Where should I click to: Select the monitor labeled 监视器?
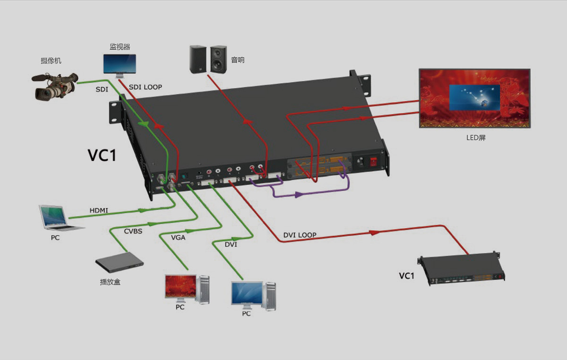tap(120, 65)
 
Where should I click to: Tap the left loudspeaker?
tap(198, 59)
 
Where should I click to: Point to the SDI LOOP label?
tap(146, 87)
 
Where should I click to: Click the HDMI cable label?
tap(99, 210)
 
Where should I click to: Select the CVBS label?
tap(133, 231)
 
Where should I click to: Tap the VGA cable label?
tap(178, 238)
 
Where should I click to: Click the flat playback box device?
tap(119, 262)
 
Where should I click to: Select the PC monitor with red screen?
tap(180, 287)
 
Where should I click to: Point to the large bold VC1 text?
tap(102, 155)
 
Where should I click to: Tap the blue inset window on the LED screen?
tap(474, 97)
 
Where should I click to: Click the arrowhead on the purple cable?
tap(298, 195)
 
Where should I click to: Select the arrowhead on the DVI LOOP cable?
tap(374, 232)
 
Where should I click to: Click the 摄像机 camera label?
tap(51, 60)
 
